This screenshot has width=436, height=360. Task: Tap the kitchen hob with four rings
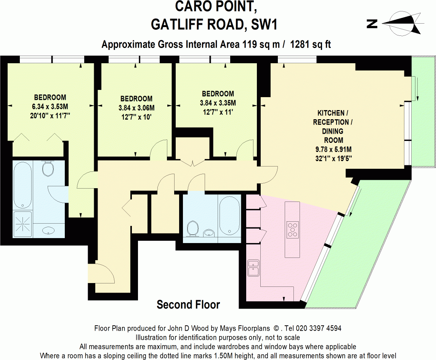click(292, 229)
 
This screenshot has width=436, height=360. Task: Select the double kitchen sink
click(253, 267)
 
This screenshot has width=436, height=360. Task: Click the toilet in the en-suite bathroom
click(48, 168)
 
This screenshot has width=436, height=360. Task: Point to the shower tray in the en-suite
click(22, 224)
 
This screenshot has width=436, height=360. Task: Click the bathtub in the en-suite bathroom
click(22, 184)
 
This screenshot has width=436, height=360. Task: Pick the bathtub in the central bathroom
click(229, 216)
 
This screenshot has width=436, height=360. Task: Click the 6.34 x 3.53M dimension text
click(50, 106)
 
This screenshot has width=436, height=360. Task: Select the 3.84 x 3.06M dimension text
click(136, 108)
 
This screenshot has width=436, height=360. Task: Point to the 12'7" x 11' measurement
click(217, 112)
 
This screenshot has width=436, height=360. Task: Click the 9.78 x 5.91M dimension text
click(330, 149)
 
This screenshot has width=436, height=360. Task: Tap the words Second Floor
click(188, 305)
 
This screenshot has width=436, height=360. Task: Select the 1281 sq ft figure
click(310, 45)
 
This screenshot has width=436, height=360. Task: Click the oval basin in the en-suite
click(48, 230)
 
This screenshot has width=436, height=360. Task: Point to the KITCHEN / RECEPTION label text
click(331, 117)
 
